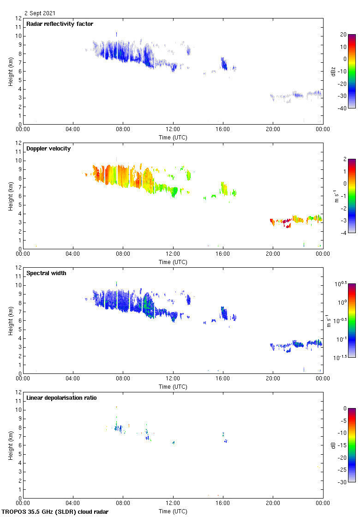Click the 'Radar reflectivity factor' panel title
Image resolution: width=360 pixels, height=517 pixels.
(60, 24)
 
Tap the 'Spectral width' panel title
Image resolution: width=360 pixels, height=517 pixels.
(46, 273)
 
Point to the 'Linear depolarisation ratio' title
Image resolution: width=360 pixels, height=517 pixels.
(61, 397)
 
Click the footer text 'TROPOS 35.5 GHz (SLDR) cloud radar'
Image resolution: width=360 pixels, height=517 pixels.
(55, 511)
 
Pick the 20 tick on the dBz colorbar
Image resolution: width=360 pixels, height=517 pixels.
(343, 35)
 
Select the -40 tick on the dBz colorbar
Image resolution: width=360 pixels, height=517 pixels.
(343, 108)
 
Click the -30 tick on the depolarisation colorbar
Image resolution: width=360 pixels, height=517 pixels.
(343, 482)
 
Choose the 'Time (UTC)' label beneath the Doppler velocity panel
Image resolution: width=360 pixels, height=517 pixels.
(173, 262)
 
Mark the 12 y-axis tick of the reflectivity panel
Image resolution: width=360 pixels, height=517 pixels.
(18, 18)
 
